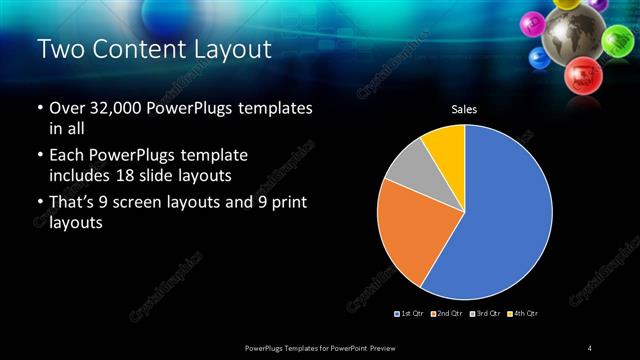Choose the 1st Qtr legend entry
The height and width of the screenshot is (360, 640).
(411, 314)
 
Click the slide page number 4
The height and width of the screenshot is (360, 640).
(591, 347)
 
